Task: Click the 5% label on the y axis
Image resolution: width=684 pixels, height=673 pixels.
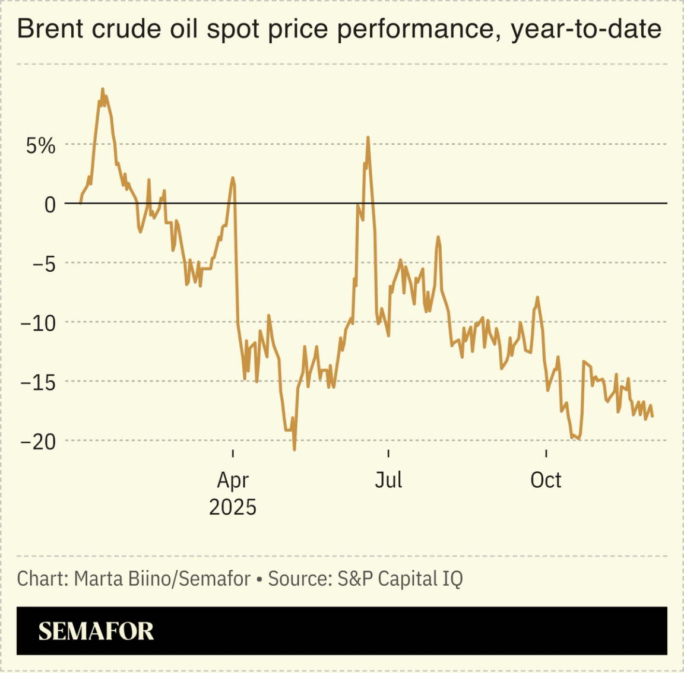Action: [x=40, y=145]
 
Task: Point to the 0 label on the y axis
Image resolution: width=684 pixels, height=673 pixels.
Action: [x=50, y=205]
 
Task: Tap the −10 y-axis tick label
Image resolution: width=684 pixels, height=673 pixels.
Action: [x=38, y=323]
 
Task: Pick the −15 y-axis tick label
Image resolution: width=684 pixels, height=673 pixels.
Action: [x=38, y=383]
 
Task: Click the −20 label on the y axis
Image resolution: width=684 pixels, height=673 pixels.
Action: [x=38, y=442]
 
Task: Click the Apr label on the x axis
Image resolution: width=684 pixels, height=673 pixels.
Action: [x=233, y=480]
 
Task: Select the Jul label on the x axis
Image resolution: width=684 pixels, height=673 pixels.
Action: [x=388, y=480]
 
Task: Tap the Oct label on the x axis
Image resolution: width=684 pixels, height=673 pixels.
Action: [x=545, y=480]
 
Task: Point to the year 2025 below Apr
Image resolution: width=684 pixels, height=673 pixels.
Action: [x=233, y=507]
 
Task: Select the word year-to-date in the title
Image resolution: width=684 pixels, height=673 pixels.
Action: [x=585, y=28]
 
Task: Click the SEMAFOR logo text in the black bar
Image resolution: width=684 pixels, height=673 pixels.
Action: [x=96, y=631]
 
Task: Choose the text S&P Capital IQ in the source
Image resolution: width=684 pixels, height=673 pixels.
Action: [x=400, y=579]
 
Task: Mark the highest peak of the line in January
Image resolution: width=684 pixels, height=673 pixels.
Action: [x=103, y=90]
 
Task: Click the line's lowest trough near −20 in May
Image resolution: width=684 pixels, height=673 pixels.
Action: [x=294, y=449]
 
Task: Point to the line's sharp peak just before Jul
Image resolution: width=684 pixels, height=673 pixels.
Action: [x=368, y=138]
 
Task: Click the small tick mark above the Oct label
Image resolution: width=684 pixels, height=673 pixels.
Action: [x=546, y=453]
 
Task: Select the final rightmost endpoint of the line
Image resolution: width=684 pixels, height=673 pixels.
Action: [x=653, y=416]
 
